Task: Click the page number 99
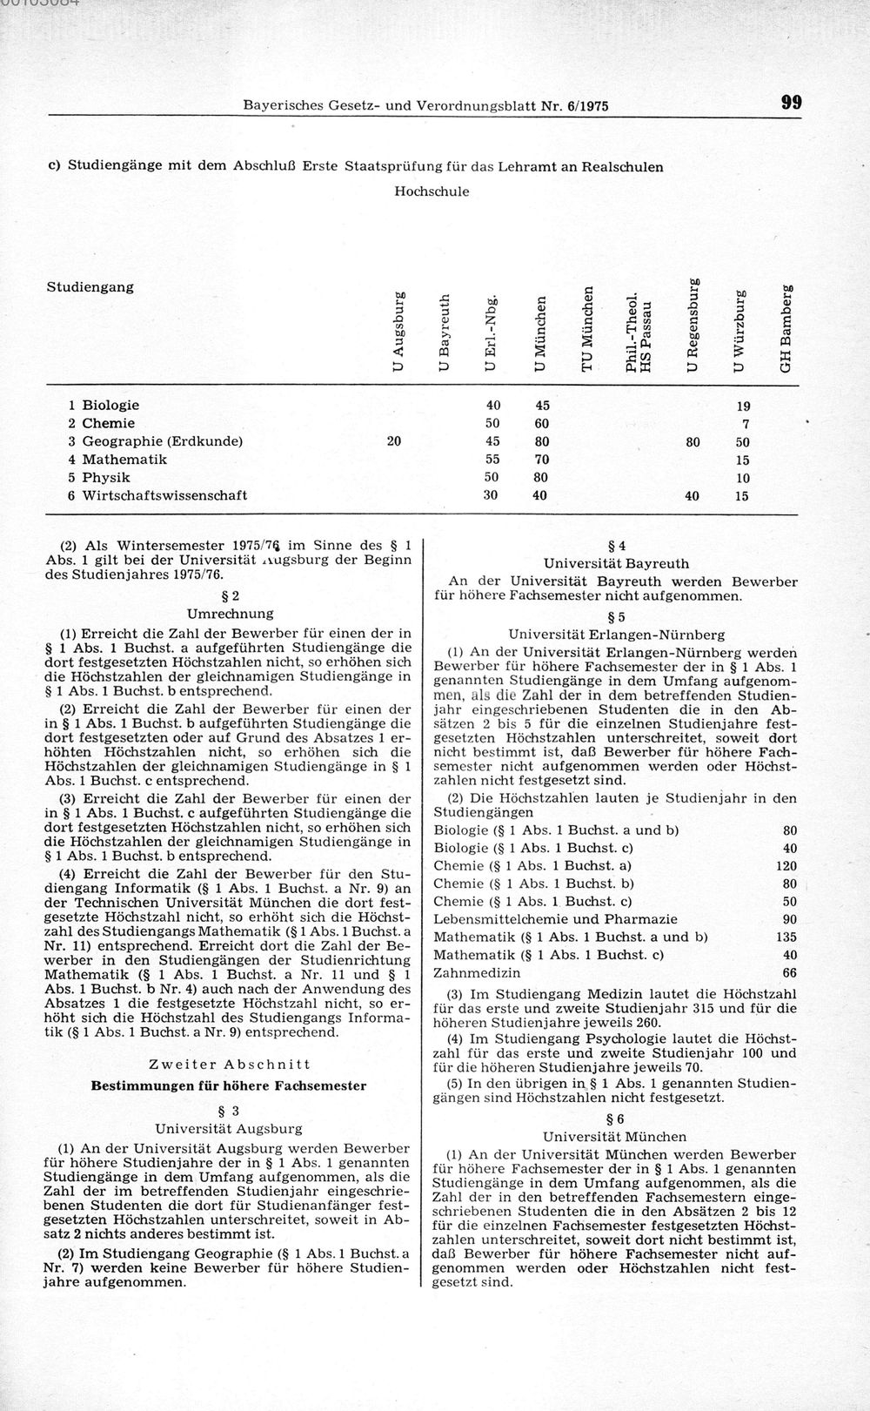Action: (791, 103)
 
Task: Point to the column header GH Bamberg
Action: (786, 327)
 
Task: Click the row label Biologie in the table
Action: (110, 405)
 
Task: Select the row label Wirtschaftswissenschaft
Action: (164, 495)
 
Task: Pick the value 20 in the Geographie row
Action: (393, 441)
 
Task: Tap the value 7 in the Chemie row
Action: (746, 424)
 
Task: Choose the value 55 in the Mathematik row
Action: (492, 460)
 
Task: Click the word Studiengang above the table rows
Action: (90, 286)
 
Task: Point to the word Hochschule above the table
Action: (432, 191)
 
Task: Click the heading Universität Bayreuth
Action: (616, 563)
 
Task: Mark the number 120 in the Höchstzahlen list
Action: (786, 865)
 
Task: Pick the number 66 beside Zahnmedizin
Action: (789, 972)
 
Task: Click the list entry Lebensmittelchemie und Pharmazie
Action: (555, 919)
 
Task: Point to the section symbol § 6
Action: (616, 1119)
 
